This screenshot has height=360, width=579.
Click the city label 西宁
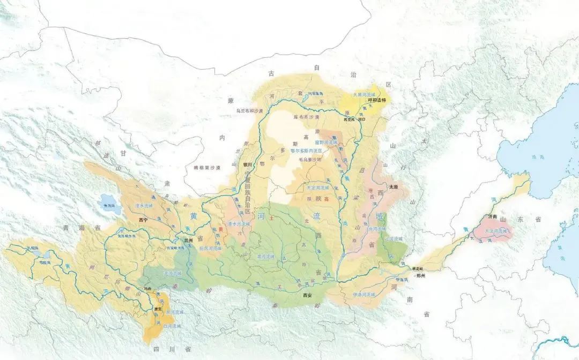142,220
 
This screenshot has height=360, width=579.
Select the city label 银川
248,164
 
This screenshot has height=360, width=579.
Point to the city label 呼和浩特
376,100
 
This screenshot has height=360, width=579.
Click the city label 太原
394,187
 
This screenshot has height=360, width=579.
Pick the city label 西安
307,295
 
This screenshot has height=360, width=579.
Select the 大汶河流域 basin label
496,231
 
